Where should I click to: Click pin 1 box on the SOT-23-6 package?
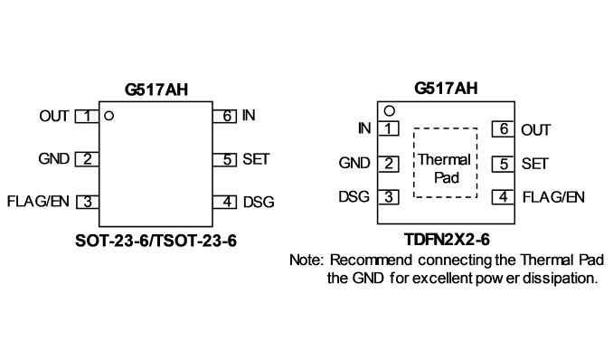point(87,116)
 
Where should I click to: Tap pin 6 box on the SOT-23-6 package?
point(225,116)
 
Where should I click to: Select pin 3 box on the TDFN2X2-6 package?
point(389,197)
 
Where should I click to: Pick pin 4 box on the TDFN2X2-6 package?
point(503,197)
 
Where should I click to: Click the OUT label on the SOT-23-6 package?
point(54,116)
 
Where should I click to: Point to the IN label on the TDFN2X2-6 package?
point(364,128)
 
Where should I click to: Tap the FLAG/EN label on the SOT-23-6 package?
point(38,202)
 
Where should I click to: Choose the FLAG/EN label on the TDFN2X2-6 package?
point(553,197)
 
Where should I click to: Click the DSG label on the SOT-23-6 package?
point(259,203)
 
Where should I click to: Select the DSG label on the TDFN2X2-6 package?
point(354,196)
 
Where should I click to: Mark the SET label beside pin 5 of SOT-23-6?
point(256,159)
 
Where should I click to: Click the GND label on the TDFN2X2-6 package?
point(354,163)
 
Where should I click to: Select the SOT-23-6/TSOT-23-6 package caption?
point(156,241)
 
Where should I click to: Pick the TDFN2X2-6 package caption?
point(447,240)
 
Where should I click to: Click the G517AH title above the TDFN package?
point(446,89)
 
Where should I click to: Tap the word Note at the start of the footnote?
point(306,261)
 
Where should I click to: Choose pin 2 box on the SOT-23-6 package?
point(87,159)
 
